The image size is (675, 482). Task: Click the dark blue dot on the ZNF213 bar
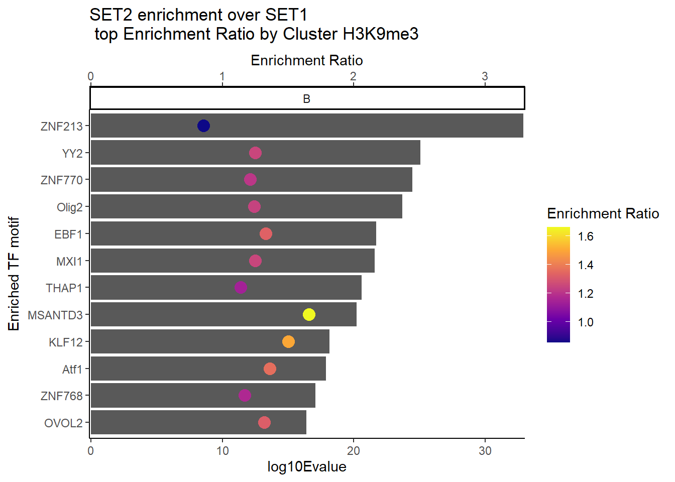(x=203, y=126)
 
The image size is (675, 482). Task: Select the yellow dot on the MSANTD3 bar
(x=309, y=314)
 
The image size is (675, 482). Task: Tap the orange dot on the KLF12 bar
(x=288, y=341)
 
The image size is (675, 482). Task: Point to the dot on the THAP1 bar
(x=241, y=287)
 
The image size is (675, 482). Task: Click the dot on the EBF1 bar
(x=266, y=233)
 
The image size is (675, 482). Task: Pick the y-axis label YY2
(x=72, y=153)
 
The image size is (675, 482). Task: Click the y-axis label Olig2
(x=69, y=207)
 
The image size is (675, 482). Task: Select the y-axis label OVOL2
(x=63, y=423)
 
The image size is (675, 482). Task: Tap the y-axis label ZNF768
(x=61, y=396)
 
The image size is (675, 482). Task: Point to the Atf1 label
(x=72, y=370)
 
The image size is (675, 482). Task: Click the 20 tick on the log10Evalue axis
(x=354, y=451)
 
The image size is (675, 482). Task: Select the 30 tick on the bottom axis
(x=485, y=451)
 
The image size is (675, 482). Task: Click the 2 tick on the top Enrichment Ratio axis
(x=354, y=76)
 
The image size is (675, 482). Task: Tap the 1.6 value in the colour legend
(x=586, y=236)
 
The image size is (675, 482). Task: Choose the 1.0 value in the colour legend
(x=586, y=322)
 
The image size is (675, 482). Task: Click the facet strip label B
(x=307, y=99)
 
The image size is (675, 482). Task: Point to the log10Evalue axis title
(x=307, y=467)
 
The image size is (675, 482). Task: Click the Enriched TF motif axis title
(x=14, y=274)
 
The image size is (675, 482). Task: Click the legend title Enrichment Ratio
(x=603, y=214)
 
